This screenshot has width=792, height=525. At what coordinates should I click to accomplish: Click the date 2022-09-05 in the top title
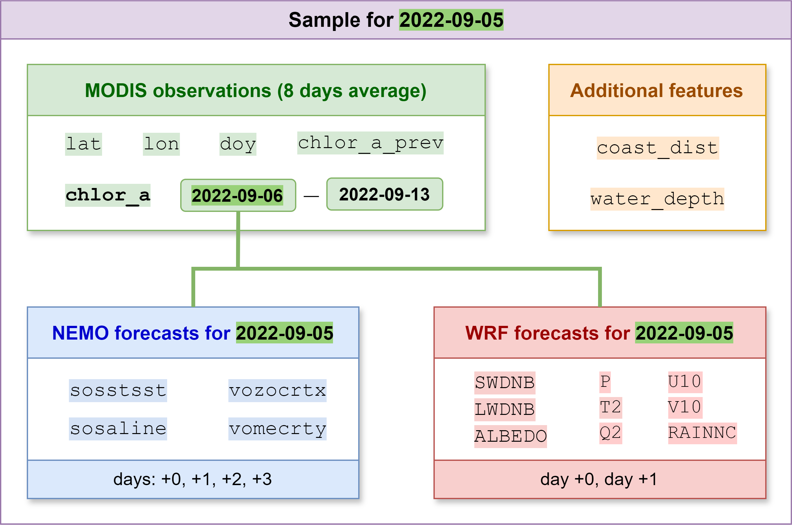pyautogui.click(x=451, y=20)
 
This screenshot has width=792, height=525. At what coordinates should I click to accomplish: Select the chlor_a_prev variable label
pyautogui.click(x=370, y=143)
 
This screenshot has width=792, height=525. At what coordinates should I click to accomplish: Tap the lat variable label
pyautogui.click(x=83, y=144)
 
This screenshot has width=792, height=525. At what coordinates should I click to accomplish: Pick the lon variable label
pyautogui.click(x=161, y=144)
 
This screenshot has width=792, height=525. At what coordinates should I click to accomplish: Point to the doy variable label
pyautogui.click(x=238, y=144)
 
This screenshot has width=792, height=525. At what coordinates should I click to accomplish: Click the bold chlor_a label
pyautogui.click(x=107, y=195)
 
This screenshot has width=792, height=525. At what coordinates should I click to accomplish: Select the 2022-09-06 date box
pyautogui.click(x=238, y=195)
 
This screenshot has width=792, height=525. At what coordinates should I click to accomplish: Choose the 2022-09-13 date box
pyautogui.click(x=384, y=194)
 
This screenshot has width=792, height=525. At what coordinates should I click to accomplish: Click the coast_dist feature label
pyautogui.click(x=657, y=148)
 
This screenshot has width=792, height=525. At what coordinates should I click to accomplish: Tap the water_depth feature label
pyautogui.click(x=657, y=199)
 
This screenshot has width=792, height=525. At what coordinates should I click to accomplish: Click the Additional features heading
pyautogui.click(x=656, y=90)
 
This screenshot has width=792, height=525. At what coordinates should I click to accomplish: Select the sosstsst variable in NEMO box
pyautogui.click(x=118, y=391)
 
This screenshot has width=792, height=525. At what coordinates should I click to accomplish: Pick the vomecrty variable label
pyautogui.click(x=277, y=429)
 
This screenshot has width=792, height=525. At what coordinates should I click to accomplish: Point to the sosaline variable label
pyautogui.click(x=118, y=429)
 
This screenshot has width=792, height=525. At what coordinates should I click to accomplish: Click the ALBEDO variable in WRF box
pyautogui.click(x=510, y=436)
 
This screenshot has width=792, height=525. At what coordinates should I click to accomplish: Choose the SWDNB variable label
pyautogui.click(x=505, y=383)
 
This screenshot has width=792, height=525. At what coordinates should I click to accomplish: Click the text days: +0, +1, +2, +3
pyautogui.click(x=192, y=479)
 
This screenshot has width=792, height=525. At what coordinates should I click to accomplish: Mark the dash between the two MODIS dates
pyautogui.click(x=311, y=196)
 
